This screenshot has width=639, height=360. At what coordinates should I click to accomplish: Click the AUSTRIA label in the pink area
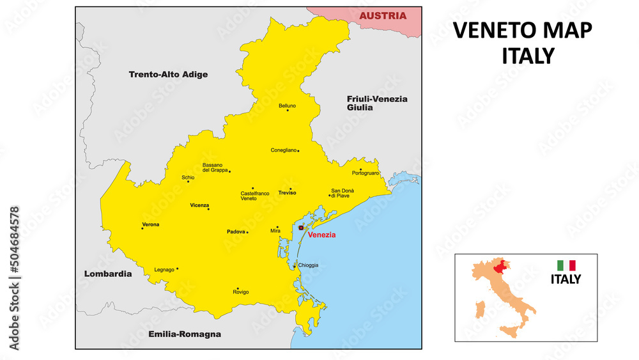click(382, 15)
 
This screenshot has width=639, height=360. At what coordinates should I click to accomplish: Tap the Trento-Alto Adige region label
click(168, 74)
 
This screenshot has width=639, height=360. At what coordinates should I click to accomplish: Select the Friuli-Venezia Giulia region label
click(377, 103)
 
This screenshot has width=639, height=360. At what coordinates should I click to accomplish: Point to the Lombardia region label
click(108, 274)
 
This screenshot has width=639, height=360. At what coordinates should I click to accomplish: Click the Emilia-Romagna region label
click(184, 334)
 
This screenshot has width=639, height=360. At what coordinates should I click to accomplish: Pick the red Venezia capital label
click(321, 235)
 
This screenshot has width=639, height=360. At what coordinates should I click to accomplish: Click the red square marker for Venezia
click(301, 227)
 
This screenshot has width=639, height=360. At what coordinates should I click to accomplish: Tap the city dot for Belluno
click(288, 111)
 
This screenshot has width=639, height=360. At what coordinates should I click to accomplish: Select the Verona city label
click(151, 224)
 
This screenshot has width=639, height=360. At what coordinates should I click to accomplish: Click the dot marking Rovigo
click(238, 288)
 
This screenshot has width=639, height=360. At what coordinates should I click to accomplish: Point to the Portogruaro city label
click(366, 173)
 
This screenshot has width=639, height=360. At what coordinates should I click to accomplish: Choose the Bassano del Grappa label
click(215, 168)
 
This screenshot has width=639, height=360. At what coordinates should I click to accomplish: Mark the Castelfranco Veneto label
click(254, 196)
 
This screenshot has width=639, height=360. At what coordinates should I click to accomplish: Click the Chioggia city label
click(308, 265)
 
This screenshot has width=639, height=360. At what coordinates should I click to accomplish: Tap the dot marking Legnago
click(178, 269)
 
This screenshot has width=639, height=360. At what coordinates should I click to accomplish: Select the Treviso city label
click(287, 192)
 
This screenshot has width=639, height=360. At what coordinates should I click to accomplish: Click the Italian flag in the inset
click(566, 265)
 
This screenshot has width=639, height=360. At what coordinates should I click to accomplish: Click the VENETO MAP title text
click(522, 31)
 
